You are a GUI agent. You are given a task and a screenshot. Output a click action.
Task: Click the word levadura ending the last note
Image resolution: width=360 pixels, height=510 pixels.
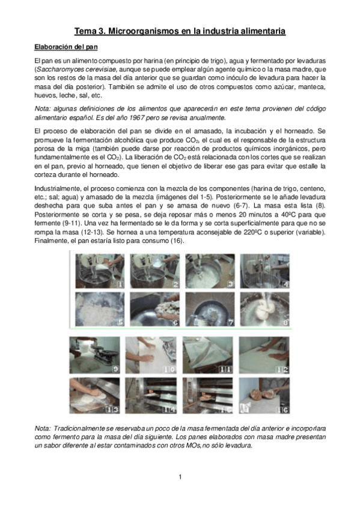pyautogui.click(x=238, y=446)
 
